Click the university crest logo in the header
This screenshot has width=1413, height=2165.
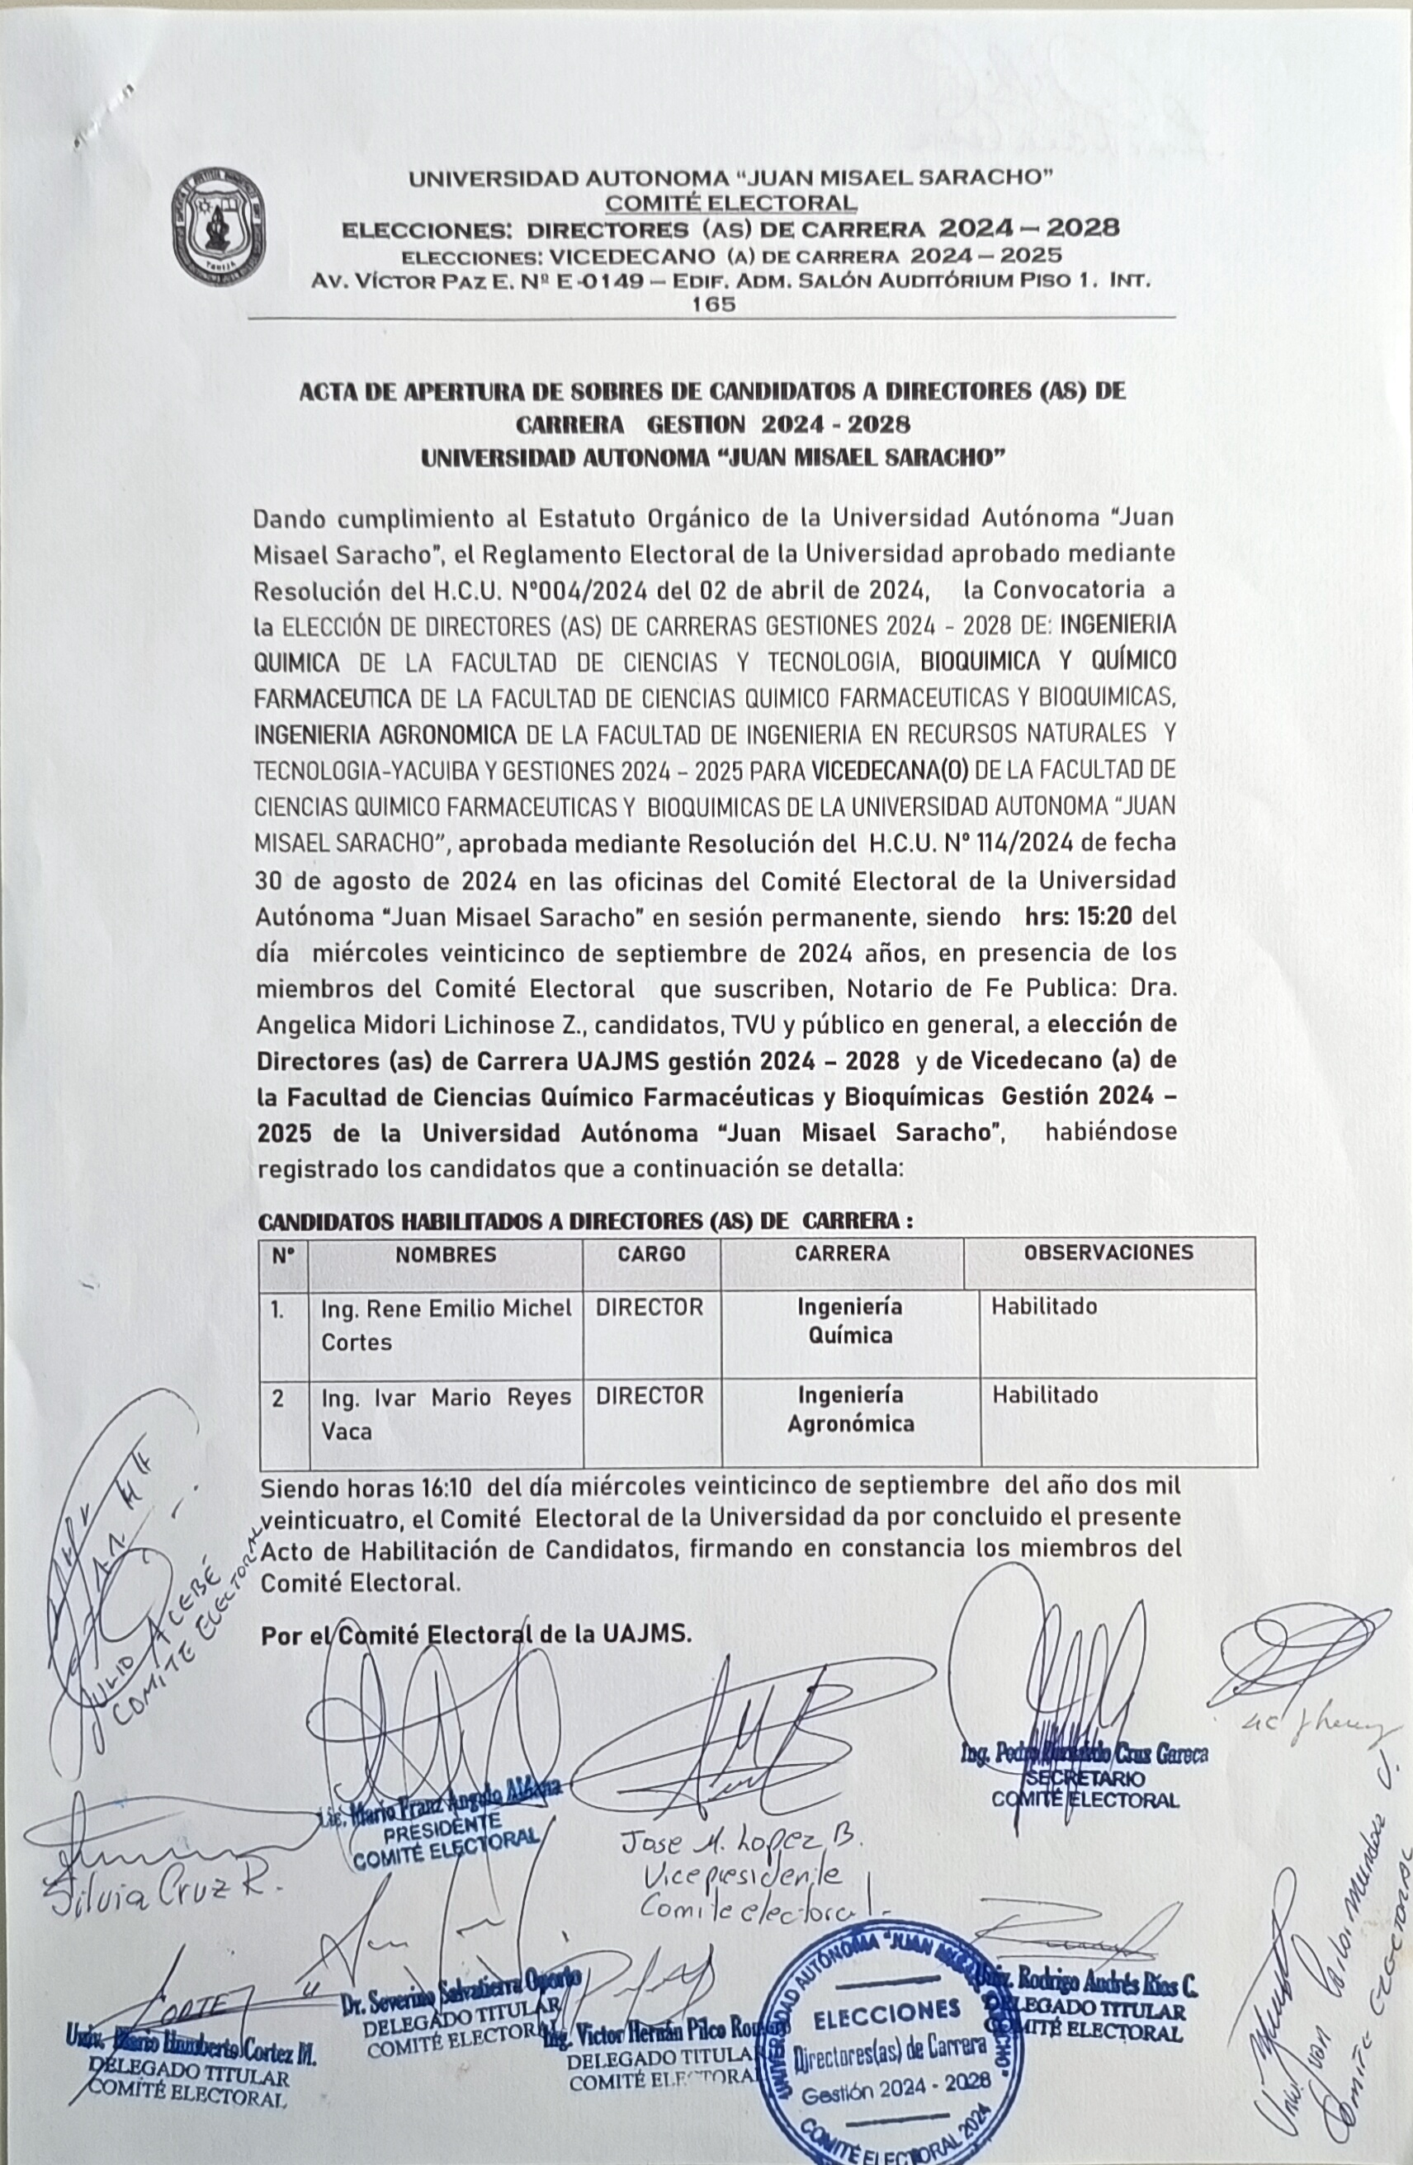click(219, 227)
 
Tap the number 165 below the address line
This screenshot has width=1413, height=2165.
click(714, 304)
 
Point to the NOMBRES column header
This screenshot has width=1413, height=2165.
click(446, 1254)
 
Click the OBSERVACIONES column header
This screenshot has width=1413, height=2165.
click(1108, 1252)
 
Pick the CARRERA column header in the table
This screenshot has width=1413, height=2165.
click(842, 1253)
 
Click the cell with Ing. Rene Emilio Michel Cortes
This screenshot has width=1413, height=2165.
click(446, 1325)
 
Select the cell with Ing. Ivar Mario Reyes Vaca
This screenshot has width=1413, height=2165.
click(446, 1413)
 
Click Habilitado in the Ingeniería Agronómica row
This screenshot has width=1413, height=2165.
click(1045, 1395)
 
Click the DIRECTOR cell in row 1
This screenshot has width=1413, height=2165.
click(650, 1308)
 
